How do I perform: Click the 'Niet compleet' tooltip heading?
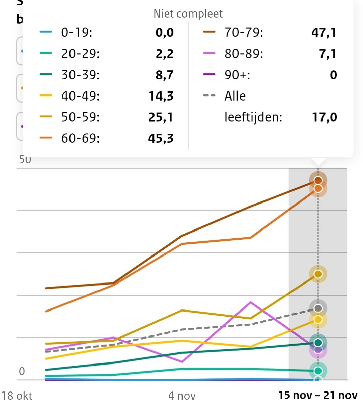[188, 13]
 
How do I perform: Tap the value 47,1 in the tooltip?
[324, 33]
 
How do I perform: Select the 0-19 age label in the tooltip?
[77, 33]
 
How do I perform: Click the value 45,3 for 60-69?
[161, 138]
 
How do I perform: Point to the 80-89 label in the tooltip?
[244, 54]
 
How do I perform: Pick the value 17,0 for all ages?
[324, 117]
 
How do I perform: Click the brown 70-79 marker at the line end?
[318, 180]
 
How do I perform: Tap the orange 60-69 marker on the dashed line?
[318, 188]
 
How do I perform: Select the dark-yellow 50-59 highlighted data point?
[318, 274]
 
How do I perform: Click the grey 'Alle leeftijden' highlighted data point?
[318, 308]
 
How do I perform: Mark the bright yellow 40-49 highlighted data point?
[318, 319]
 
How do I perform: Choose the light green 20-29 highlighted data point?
[318, 371]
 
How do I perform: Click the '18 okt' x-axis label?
[17, 395]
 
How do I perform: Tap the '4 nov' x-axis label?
[182, 395]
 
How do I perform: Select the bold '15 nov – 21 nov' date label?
[317, 395]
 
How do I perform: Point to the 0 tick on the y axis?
[22, 371]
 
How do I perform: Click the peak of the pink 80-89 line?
[250, 302]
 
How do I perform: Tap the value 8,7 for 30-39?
[164, 75]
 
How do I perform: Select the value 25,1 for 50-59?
[161, 117]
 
